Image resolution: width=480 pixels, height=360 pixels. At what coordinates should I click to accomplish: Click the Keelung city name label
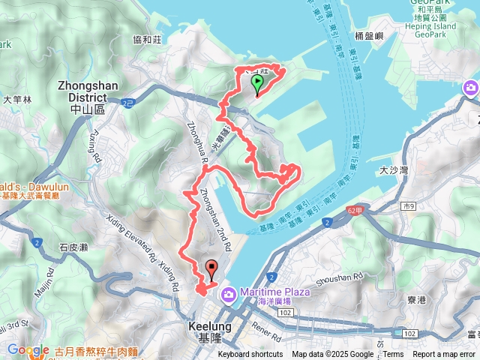coord(204,332)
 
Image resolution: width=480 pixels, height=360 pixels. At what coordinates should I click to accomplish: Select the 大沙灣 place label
coord(393,170)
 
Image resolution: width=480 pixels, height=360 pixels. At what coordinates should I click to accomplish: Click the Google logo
coord(28,349)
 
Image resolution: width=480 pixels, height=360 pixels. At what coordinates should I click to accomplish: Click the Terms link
coord(394,355)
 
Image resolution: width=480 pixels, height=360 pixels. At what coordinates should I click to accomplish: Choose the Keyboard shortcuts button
coord(250,355)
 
